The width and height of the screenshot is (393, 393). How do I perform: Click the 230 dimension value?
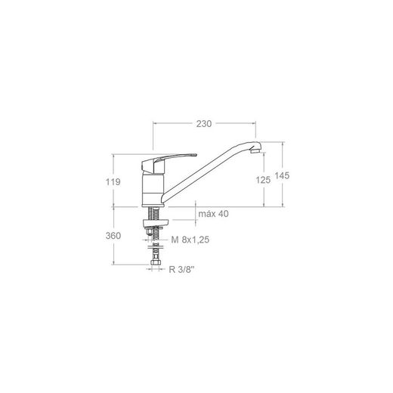204,124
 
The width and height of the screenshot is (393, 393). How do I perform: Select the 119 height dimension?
113,181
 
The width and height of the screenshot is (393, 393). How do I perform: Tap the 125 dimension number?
263,180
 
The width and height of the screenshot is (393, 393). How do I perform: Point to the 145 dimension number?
282,175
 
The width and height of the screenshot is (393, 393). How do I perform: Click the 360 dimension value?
113,236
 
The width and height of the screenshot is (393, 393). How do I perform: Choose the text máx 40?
214,214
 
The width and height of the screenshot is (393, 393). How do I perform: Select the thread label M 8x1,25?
190,240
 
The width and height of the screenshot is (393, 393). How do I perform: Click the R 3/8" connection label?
182,270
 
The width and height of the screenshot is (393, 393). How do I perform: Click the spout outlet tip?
255,151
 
